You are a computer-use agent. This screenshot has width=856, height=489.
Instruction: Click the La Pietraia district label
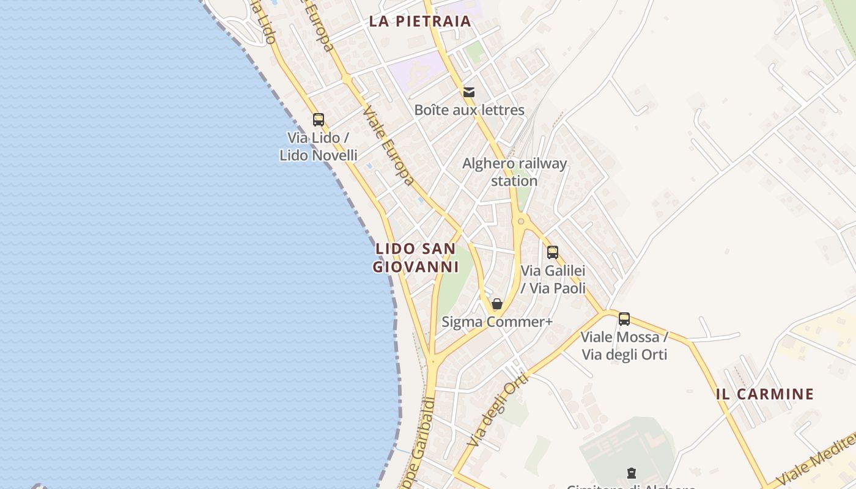click(x=419, y=21)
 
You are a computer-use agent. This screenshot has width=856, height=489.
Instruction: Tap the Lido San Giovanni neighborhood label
click(x=416, y=258)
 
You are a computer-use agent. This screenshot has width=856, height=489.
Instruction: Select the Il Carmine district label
click(x=764, y=394)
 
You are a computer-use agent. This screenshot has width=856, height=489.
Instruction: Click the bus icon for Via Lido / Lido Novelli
click(x=318, y=119)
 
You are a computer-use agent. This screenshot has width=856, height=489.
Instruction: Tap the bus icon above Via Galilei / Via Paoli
click(x=553, y=252)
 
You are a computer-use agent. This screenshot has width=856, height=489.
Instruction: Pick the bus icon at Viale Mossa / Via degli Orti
click(x=624, y=318)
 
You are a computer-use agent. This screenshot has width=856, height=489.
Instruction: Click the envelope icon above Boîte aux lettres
click(x=469, y=92)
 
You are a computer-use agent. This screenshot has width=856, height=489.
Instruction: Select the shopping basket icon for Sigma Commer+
click(x=497, y=304)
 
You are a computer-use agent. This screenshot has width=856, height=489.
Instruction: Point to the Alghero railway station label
click(x=514, y=172)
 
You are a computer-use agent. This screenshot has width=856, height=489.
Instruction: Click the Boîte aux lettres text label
click(x=469, y=110)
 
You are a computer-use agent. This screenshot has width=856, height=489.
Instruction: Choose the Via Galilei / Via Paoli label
click(x=553, y=279)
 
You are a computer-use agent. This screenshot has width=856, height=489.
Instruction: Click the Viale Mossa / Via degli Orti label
click(x=624, y=345)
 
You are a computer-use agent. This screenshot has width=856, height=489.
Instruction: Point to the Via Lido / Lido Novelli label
click(x=318, y=147)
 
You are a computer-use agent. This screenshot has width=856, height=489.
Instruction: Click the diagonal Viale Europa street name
click(x=388, y=146)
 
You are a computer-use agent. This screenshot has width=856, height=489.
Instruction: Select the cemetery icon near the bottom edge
click(x=631, y=472)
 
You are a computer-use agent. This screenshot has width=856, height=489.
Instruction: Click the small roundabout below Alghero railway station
click(x=521, y=221)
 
